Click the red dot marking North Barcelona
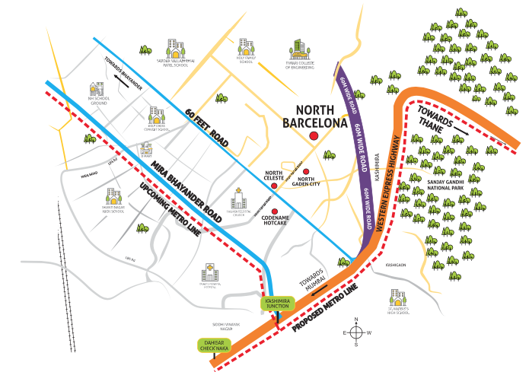coord(313,135)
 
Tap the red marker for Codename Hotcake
coord(275,211)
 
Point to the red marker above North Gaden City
coord(306,172)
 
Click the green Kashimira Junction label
coord(278,302)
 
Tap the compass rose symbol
coord(355,332)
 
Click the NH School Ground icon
coord(96,90)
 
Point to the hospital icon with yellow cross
coord(209,272)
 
